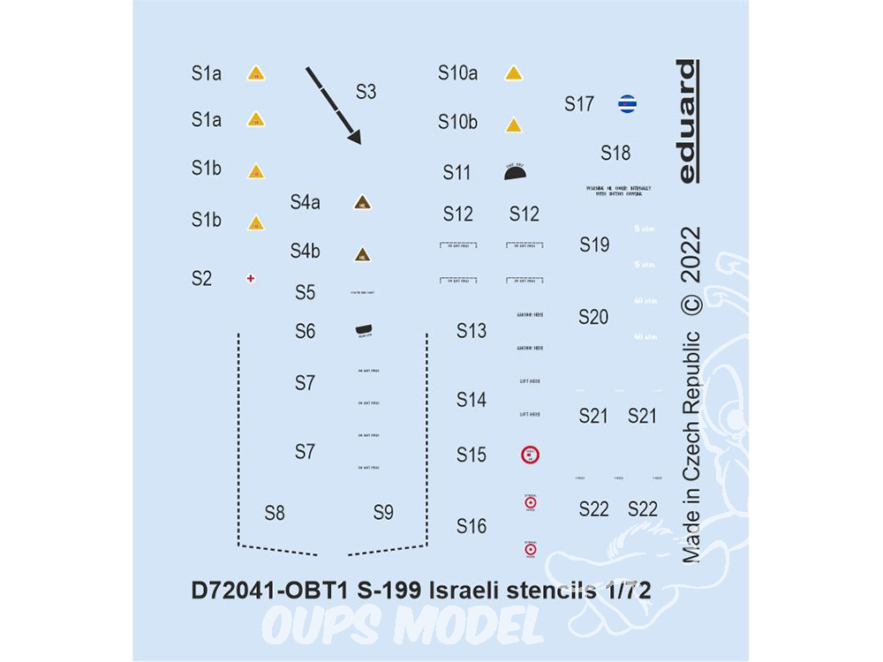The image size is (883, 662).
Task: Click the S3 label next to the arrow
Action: pos(366,92)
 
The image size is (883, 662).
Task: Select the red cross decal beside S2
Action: pos(252,279)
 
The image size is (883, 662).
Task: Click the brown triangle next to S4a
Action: pos(362,203)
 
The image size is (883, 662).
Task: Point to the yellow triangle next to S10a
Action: pos(514,74)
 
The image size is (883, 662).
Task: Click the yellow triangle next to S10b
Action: pos(514,125)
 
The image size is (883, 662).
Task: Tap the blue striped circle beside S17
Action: pos(627,104)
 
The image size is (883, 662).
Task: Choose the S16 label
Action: pos(472,527)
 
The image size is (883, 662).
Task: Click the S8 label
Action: pos(275,513)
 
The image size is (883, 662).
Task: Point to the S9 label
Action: pos(383,513)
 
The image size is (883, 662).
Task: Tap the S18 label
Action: pos(615,153)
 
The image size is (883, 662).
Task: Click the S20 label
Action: pos(593,318)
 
